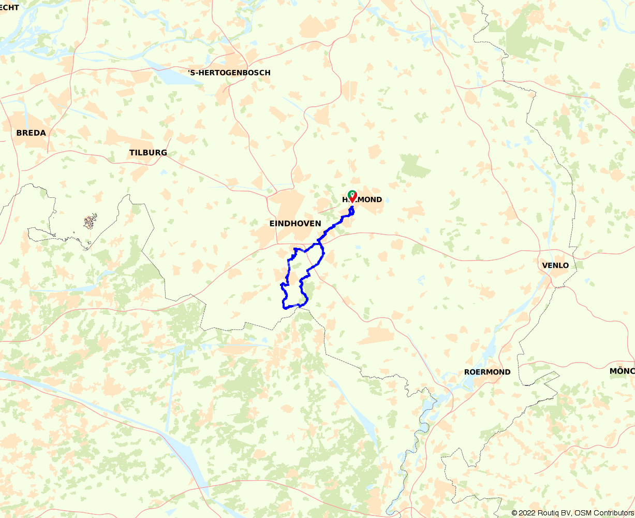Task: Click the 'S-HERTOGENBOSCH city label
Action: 229,73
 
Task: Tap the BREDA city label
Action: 31,133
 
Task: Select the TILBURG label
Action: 148,152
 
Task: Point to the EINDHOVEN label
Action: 295,223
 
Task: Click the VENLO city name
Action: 555,265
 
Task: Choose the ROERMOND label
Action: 487,372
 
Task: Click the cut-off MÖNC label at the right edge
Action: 622,371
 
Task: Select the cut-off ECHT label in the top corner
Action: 10,7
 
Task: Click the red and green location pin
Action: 352,196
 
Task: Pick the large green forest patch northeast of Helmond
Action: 416,166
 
